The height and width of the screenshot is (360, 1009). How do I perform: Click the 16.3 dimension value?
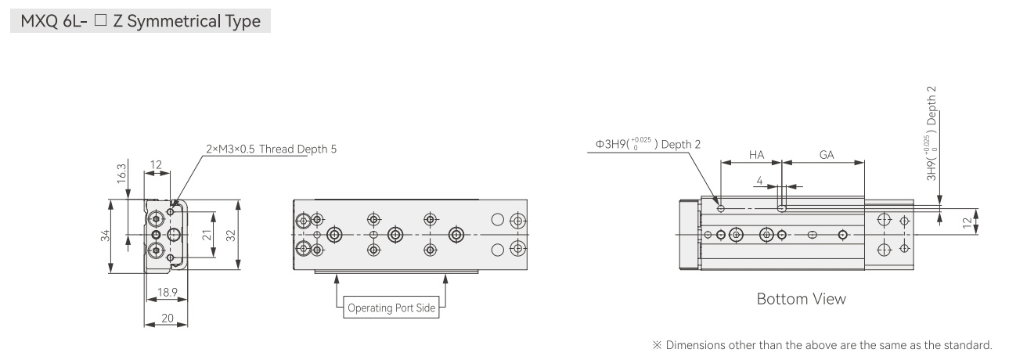click(121, 174)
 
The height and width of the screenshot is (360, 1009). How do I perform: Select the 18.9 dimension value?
click(167, 293)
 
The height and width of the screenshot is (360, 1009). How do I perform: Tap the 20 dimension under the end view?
click(167, 318)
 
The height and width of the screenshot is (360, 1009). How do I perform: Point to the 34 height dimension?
click(106, 236)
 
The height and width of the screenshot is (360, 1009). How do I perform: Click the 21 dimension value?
click(207, 235)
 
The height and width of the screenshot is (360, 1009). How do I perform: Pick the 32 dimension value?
click(231, 236)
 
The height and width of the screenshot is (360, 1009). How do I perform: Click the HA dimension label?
click(756, 155)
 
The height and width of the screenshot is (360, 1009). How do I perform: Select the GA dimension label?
click(827, 155)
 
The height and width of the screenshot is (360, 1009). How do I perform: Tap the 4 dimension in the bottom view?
click(759, 181)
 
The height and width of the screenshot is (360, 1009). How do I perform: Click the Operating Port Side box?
click(391, 308)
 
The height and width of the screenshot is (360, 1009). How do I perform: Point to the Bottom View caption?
click(802, 299)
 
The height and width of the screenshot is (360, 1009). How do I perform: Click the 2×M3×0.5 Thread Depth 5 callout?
click(271, 149)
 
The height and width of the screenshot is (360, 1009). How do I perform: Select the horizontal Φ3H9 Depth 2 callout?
click(648, 144)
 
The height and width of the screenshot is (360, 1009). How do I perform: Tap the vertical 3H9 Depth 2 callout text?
click(932, 133)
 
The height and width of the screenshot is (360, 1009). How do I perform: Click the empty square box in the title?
click(100, 20)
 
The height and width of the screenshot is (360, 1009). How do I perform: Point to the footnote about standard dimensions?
click(823, 345)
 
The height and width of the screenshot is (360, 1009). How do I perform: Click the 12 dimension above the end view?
click(156, 165)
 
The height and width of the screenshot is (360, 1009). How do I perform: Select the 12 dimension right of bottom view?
click(967, 222)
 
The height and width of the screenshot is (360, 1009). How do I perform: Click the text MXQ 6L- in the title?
click(53, 21)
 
